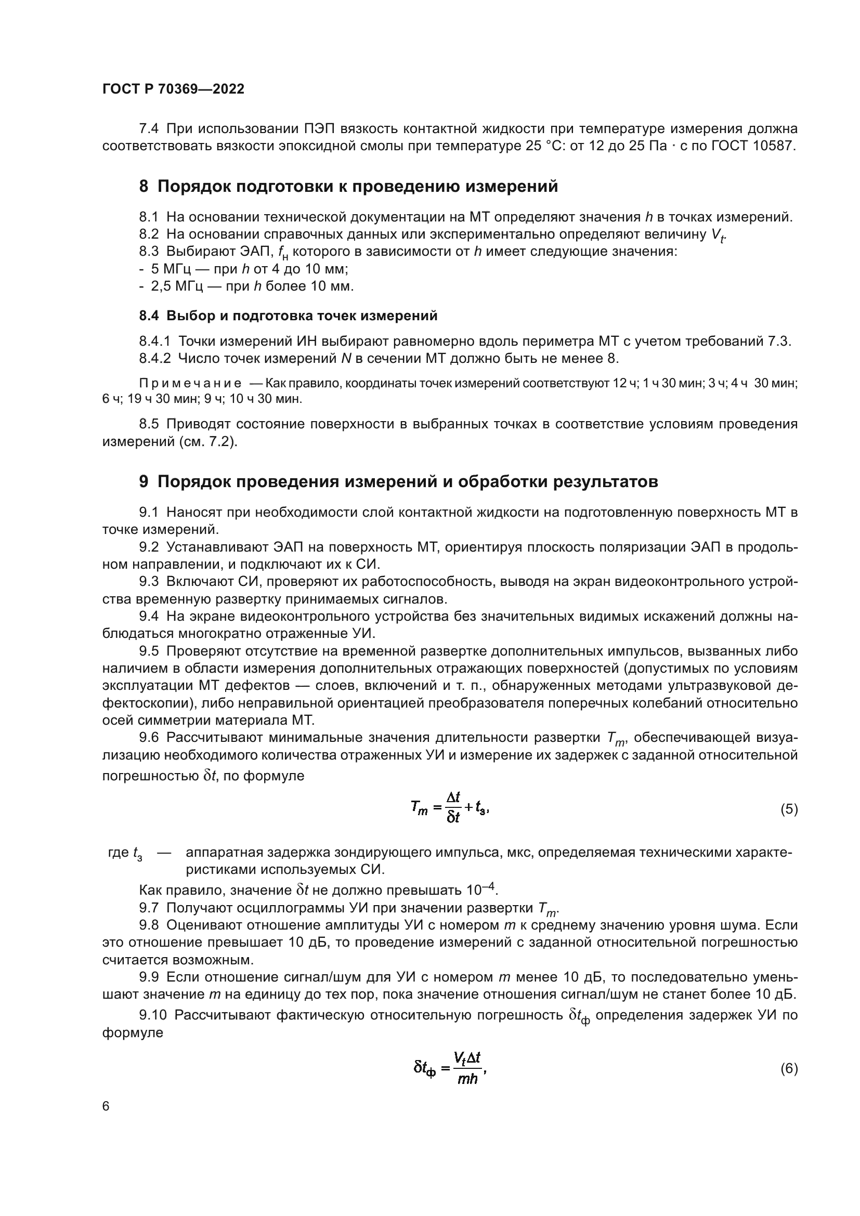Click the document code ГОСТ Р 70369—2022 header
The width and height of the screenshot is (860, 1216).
point(173,89)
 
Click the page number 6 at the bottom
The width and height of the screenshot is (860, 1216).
point(106,1106)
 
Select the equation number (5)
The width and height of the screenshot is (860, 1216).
point(789,809)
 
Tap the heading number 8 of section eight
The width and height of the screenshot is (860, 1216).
point(144,187)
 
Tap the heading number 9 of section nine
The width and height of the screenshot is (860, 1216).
point(144,481)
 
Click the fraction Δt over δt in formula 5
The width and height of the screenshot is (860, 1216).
point(453,808)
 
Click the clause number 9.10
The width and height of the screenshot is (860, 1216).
point(152,1015)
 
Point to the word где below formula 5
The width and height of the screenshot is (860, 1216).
point(118,853)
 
